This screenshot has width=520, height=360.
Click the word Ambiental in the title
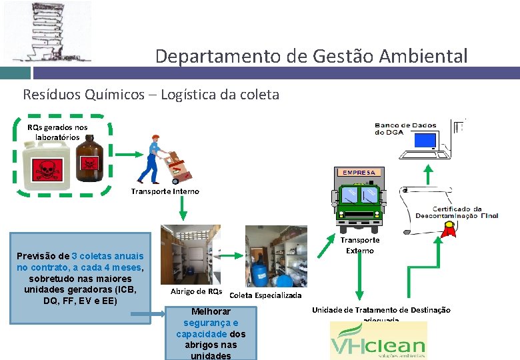426,56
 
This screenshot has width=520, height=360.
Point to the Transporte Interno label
165,191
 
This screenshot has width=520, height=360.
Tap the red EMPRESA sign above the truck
359,172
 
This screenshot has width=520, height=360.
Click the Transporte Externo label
360,245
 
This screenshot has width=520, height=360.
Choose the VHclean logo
378,341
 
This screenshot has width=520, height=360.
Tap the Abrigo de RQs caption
196,291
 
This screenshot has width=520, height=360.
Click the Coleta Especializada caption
265,295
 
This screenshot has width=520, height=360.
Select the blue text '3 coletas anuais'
107,256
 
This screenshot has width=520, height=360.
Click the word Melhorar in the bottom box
211,311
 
